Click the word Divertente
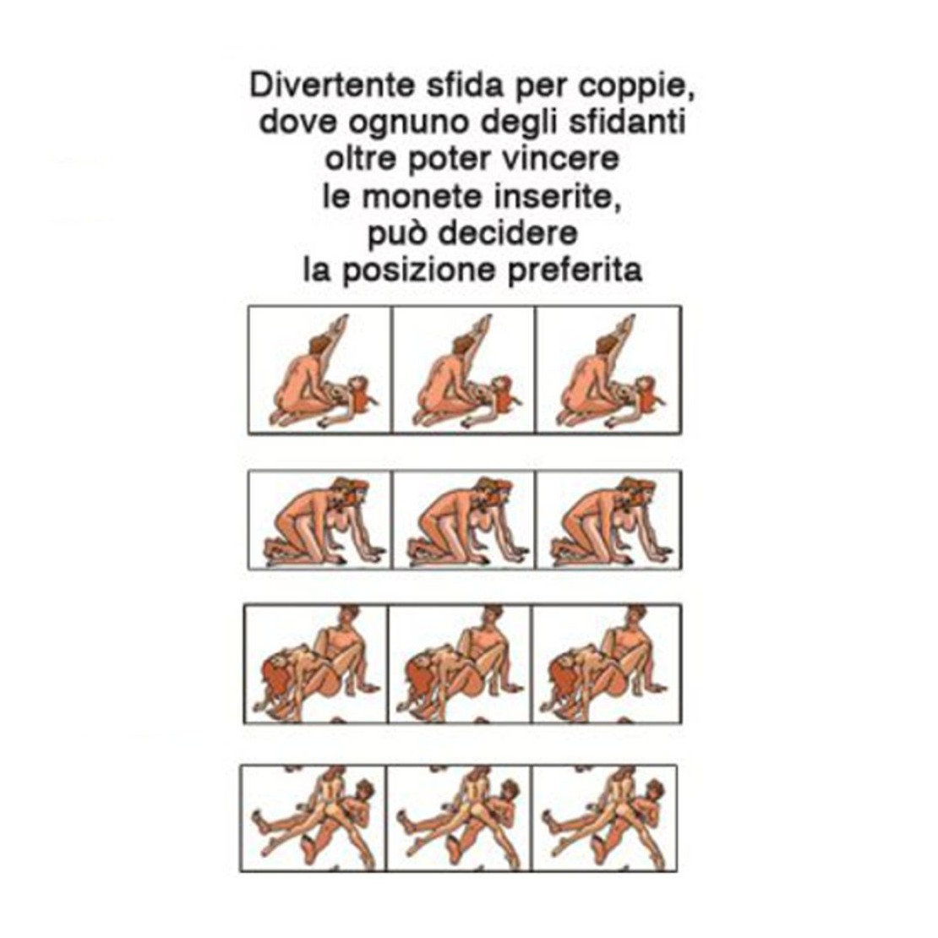[x=332, y=85]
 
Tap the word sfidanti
[x=626, y=122]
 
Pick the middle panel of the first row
[x=464, y=369]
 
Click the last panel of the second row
[x=609, y=520]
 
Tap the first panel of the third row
[x=316, y=664]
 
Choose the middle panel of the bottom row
[x=459, y=818]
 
